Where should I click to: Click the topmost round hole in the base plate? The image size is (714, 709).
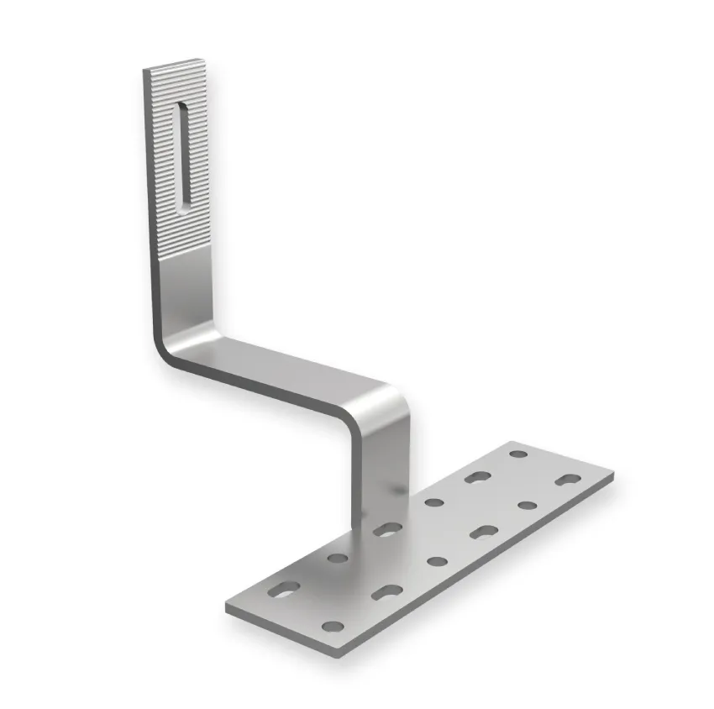point(518,454)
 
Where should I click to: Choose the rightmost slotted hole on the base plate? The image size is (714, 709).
point(569,481)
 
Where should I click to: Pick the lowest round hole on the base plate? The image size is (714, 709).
point(333,626)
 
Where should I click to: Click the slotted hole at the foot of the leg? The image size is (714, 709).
point(387,529)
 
